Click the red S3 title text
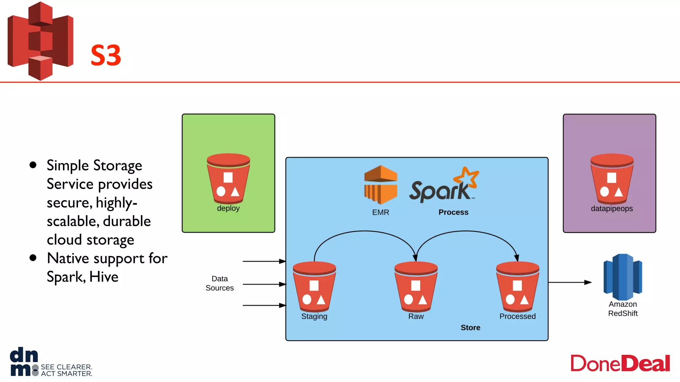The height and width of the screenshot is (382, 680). click(x=106, y=55)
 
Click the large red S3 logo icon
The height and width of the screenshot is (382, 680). click(x=40, y=41)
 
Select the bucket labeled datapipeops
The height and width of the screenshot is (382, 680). click(x=612, y=179)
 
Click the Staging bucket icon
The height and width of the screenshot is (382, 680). click(x=314, y=286)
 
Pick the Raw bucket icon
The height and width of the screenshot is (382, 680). click(x=416, y=286)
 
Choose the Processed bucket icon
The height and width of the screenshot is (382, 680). click(x=517, y=286)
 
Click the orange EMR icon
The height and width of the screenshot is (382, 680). click(x=381, y=184)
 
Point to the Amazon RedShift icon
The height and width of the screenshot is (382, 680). click(x=623, y=277)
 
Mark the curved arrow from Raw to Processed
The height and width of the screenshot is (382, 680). click(x=466, y=231)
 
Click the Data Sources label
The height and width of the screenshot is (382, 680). click(x=219, y=283)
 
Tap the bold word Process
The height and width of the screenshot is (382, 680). click(x=453, y=212)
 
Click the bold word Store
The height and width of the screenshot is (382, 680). click(x=470, y=328)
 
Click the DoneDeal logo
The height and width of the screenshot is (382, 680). click(x=620, y=363)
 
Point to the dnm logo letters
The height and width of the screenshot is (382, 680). click(x=24, y=362)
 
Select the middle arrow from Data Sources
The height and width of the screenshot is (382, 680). click(x=264, y=284)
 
